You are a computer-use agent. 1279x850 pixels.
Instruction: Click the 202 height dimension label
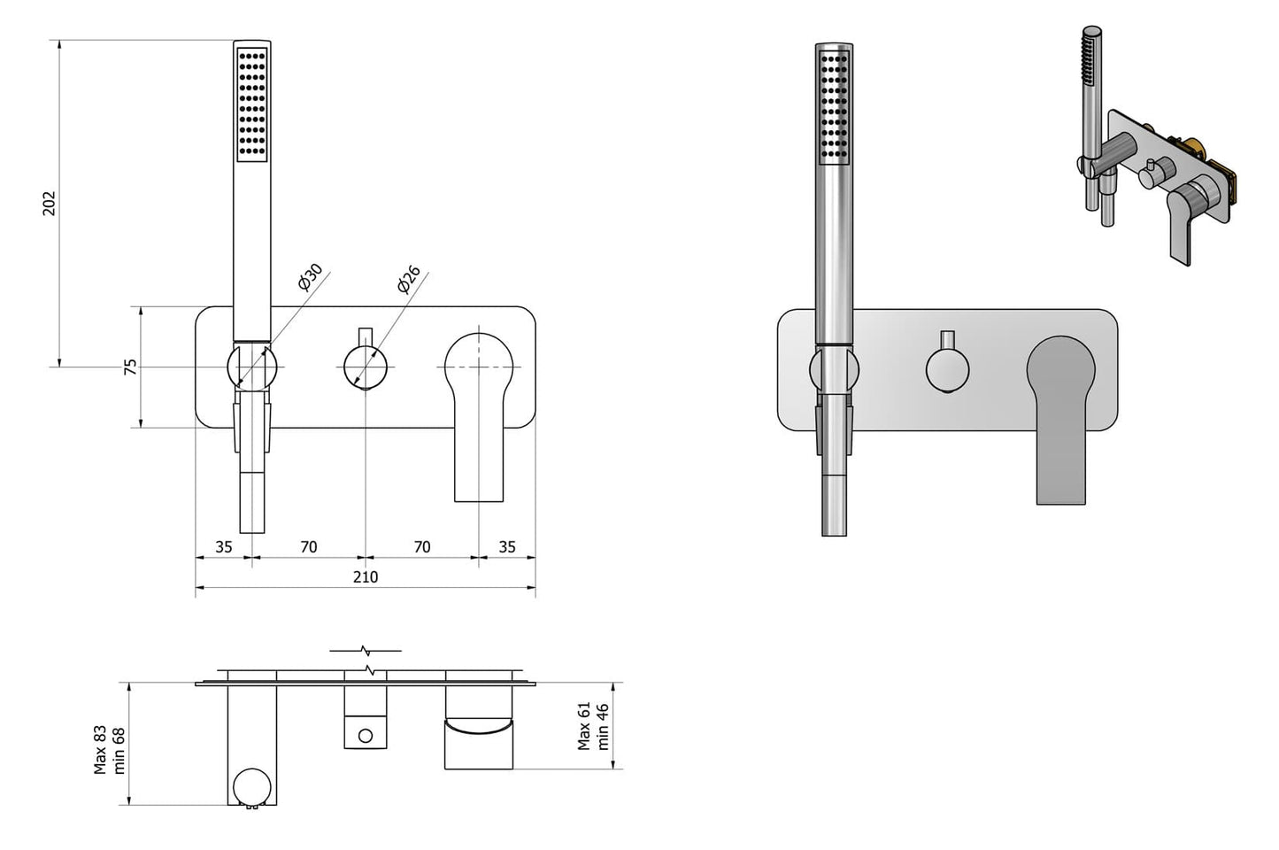(50, 203)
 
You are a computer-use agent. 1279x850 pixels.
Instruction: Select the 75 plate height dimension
(129, 367)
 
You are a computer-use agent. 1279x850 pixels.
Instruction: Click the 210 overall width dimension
(365, 577)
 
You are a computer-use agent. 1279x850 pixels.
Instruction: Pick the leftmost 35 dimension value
(223, 547)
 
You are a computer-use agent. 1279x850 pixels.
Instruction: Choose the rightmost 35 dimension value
(506, 547)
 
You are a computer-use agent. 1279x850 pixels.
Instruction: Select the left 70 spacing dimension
(308, 547)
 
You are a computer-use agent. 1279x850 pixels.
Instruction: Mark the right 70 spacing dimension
(422, 547)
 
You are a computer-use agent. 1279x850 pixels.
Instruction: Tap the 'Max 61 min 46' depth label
(593, 726)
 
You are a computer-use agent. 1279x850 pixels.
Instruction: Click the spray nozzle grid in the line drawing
(252, 104)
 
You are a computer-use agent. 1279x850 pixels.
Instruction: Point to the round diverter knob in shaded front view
(947, 370)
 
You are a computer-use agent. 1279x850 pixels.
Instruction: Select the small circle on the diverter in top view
(365, 735)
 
